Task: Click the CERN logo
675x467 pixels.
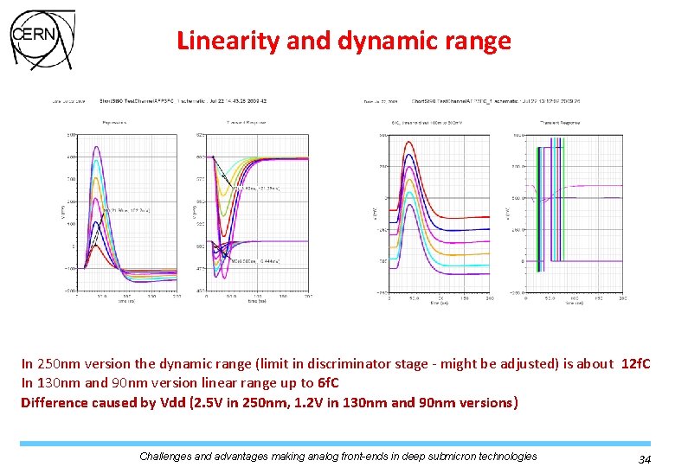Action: tap(41, 40)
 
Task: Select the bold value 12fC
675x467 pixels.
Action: tap(637, 364)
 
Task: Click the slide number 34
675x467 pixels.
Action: tap(644, 459)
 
